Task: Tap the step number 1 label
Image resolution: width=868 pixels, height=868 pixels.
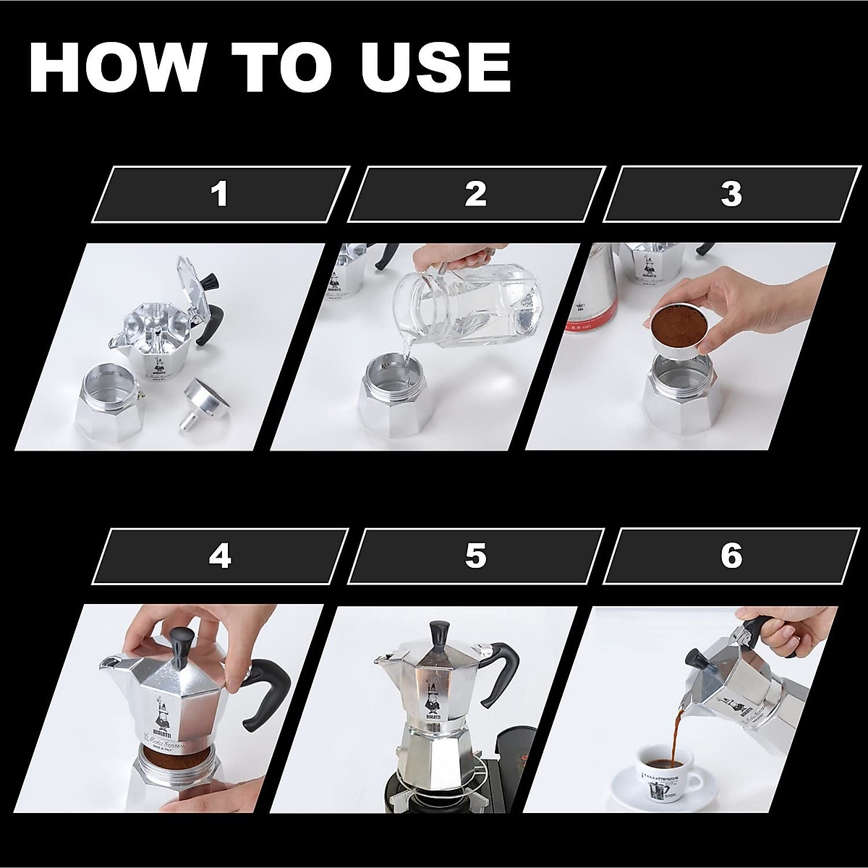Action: pos(220,194)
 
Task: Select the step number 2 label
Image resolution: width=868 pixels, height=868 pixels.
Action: pos(475,194)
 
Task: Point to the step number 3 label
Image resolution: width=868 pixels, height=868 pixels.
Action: pos(731,194)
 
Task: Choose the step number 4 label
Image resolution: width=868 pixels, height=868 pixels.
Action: pos(220,556)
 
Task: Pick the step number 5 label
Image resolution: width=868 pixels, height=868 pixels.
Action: pos(475,556)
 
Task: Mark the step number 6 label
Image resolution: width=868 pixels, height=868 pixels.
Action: pos(731,556)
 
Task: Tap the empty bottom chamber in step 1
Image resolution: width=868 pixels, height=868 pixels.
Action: pos(108,405)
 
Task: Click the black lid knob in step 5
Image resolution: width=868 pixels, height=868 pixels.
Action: pos(438,634)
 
